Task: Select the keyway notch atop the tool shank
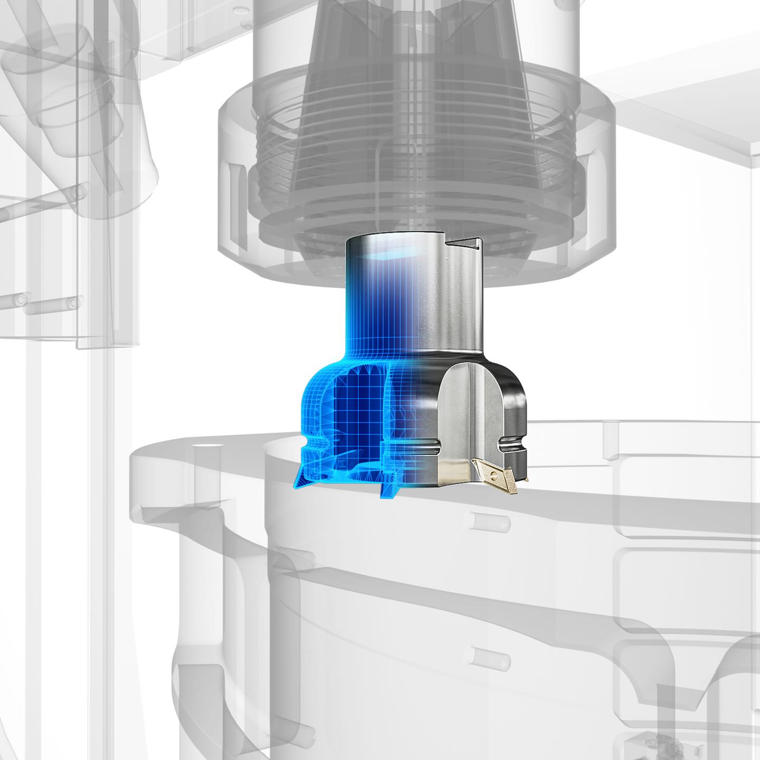464,243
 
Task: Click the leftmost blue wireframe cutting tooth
305,476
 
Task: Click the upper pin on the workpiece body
491,522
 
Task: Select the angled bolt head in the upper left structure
79,193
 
